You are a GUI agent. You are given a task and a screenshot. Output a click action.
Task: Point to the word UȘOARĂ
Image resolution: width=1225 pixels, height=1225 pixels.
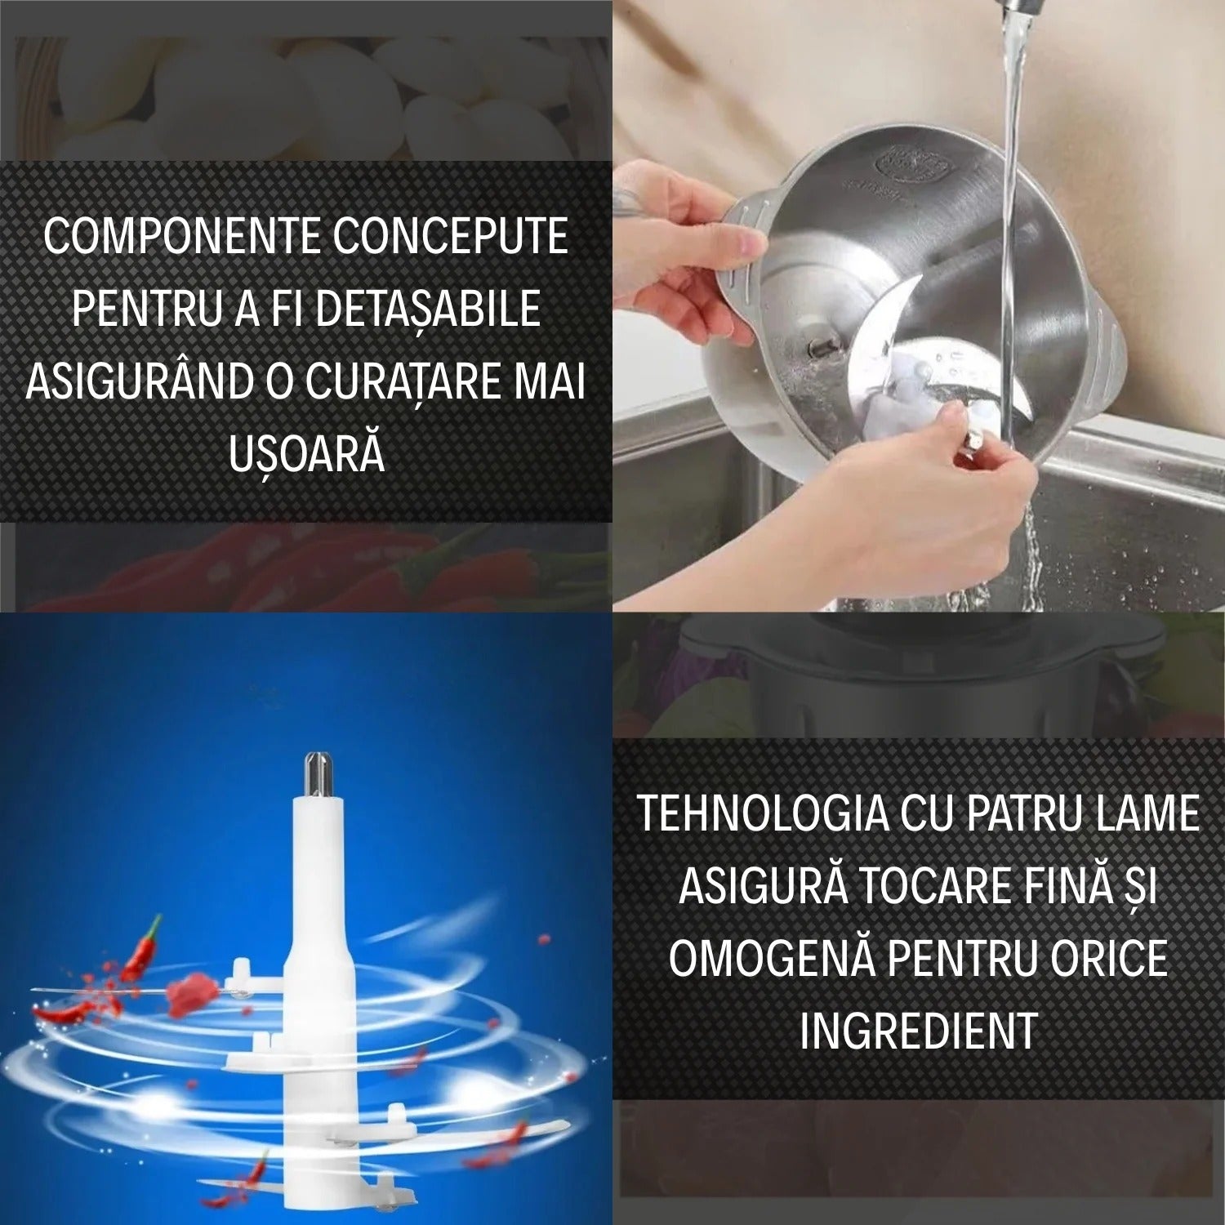pyautogui.click(x=306, y=455)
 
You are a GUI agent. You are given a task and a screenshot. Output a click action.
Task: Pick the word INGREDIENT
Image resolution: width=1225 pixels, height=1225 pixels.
pyautogui.click(x=918, y=1031)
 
